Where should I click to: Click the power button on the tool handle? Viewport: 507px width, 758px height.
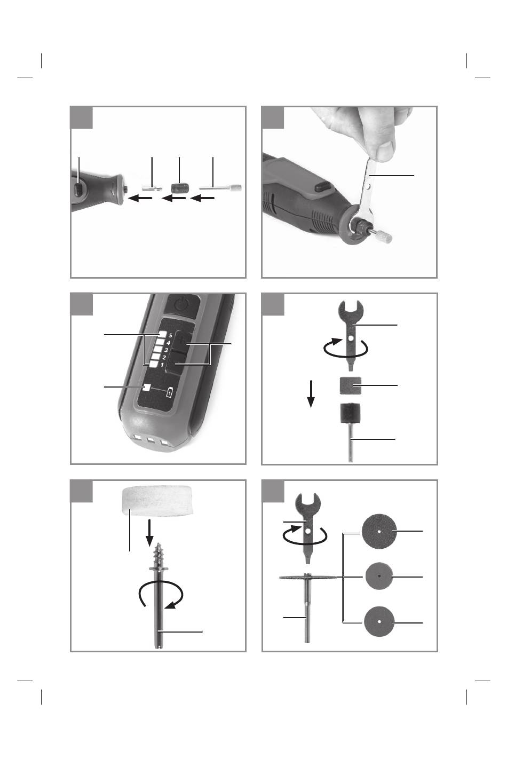tap(181, 305)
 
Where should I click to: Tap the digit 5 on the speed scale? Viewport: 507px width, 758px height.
tap(170, 336)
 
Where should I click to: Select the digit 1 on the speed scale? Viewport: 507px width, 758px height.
tap(162, 365)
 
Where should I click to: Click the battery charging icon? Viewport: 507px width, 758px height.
tap(170, 392)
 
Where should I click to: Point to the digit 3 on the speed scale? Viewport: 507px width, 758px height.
tap(166, 350)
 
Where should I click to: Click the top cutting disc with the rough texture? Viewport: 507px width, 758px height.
tap(379, 531)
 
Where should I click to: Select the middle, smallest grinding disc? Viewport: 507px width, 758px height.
tap(379, 577)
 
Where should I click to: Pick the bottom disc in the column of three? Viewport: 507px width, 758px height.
tap(379, 621)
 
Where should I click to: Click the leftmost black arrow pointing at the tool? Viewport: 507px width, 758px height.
tap(140, 198)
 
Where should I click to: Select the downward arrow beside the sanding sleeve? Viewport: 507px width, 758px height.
tap(311, 394)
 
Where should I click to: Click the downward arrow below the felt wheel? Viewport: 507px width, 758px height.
tap(149, 533)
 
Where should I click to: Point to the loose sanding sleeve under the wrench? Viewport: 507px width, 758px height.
tap(350, 385)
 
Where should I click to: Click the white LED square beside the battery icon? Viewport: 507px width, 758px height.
tap(146, 387)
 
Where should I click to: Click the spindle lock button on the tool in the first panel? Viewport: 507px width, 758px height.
tap(78, 189)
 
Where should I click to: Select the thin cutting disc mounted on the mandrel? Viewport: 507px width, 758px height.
tap(308, 577)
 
